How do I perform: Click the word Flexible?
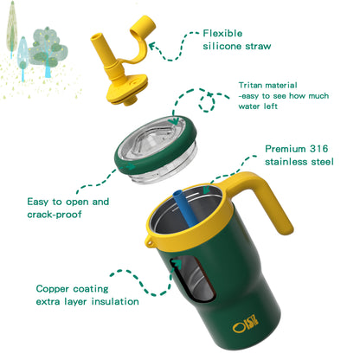pyautogui.click(x=222, y=34)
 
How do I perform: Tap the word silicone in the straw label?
pyautogui.click(x=222, y=46)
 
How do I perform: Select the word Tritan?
pyautogui.click(x=250, y=85)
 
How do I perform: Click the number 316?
pyautogui.click(x=318, y=149)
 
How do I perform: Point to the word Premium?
pyautogui.click(x=286, y=149)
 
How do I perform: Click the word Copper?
pyautogui.click(x=53, y=289)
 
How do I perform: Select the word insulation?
pyautogui.click(x=115, y=302)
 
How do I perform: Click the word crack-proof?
pyautogui.click(x=55, y=215)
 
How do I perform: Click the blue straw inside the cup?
pyautogui.click(x=185, y=208)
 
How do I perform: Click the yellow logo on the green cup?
pyautogui.click(x=246, y=325)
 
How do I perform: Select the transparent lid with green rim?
pyautogui.click(x=156, y=150)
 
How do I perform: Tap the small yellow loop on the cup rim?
pyautogui.click(x=149, y=242)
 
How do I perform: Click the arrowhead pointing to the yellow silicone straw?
pyautogui.click(x=152, y=46)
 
